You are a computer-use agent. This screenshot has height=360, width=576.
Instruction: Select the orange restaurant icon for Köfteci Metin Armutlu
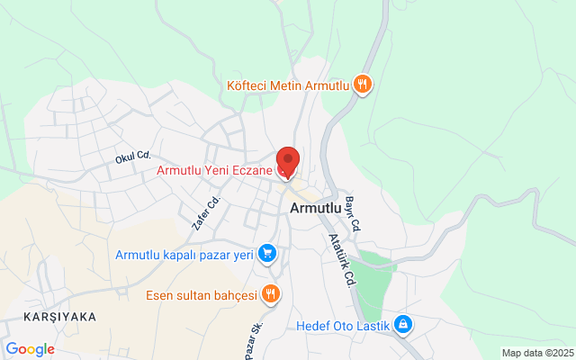coord(363,85)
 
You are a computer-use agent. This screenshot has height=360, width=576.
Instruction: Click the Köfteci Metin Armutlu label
coord(287,85)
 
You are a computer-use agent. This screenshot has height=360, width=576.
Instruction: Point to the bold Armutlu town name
coord(316,208)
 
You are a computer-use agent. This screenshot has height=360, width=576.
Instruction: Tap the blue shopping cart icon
coord(266,255)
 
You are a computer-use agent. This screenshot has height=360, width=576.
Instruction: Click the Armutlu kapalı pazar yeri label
coord(183,255)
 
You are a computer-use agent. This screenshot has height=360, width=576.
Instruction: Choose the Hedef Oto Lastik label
coord(343,324)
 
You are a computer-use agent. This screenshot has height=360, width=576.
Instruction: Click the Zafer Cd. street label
coord(206,213)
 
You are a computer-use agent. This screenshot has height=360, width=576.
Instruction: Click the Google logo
coord(30,349)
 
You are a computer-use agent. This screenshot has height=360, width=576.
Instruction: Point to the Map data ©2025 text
coord(537,353)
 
